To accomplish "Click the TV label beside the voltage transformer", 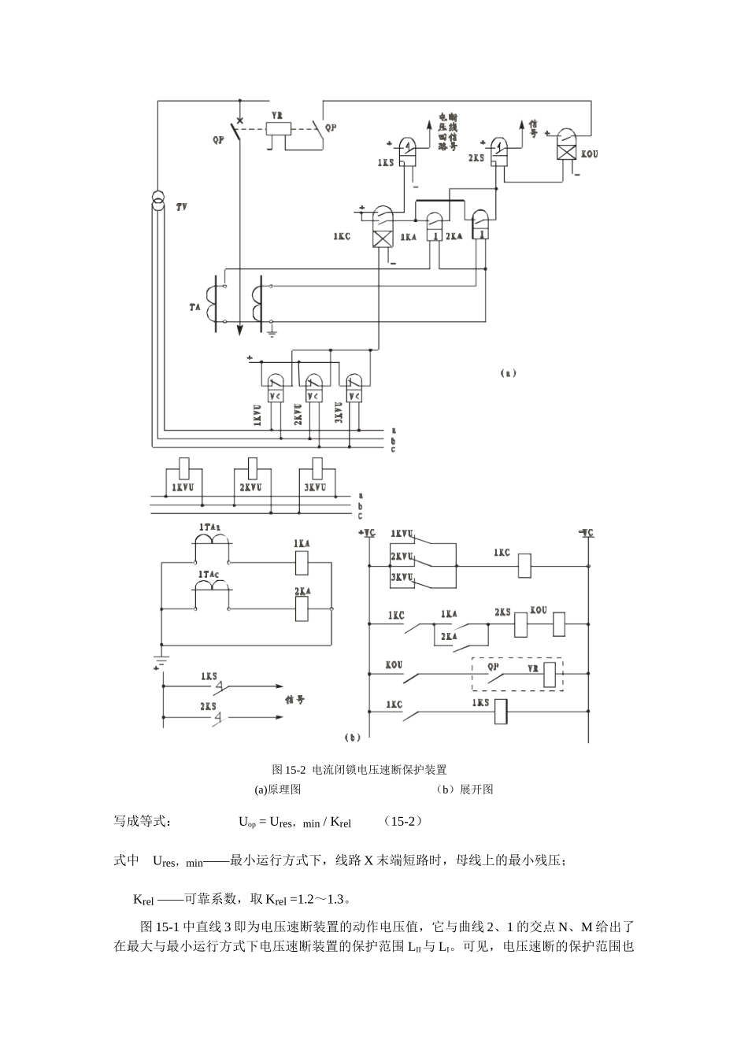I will pos(182,206).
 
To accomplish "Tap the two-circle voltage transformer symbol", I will pos(157,202).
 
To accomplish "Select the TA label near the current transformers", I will pos(195,307).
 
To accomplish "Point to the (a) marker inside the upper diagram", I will pos(508,373).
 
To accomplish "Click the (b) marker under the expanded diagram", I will pos(353,738).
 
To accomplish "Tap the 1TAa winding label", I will pos(209,525).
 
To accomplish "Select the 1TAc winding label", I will pos(209,575).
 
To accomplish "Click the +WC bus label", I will pos(368,533).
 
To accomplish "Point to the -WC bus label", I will pos(586,533).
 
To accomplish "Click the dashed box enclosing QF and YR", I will pos(517,674).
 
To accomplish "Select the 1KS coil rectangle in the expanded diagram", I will pos(498,712).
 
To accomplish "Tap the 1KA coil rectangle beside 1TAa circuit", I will pos(302,562).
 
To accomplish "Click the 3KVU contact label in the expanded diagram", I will pos(402,578).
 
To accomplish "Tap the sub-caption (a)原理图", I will pos(277,789).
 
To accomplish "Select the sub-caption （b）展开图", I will pos(465,789).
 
